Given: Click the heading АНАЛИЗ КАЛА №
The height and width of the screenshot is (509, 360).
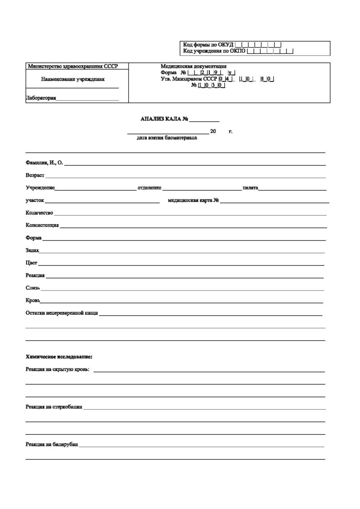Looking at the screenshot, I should (x=164, y=119).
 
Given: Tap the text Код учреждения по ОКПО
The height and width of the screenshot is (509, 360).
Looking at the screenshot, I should (x=214, y=51).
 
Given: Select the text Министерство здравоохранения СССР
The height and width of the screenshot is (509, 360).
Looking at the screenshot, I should (x=73, y=67).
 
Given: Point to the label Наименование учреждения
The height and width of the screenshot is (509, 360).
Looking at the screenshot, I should (x=73, y=79).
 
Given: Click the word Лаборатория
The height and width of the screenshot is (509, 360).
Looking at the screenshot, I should (x=41, y=98).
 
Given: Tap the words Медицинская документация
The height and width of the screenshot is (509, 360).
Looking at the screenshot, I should (x=193, y=66).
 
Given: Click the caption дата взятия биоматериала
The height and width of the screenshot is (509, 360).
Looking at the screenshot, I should (x=167, y=138).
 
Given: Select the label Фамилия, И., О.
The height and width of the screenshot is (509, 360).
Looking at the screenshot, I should (x=44, y=163).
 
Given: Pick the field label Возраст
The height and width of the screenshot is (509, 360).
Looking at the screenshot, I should (x=35, y=175).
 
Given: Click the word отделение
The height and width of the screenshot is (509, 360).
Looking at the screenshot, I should (x=149, y=188).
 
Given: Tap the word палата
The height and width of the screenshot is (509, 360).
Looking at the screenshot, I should (x=250, y=188).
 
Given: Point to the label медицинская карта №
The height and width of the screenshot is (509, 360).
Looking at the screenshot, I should (x=193, y=201).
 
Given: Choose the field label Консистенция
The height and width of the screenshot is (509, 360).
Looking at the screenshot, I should (x=42, y=225).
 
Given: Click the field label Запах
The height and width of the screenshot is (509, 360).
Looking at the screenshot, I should (x=32, y=251).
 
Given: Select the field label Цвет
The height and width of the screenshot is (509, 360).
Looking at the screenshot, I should (x=31, y=263).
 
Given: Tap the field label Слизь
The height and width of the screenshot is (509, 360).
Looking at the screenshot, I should (x=33, y=288).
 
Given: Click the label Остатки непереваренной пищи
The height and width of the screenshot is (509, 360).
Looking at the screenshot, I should (x=61, y=313).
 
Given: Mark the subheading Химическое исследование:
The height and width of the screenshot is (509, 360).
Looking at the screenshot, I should (x=59, y=357).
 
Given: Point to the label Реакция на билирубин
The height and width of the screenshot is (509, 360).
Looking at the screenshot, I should (x=52, y=445).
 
